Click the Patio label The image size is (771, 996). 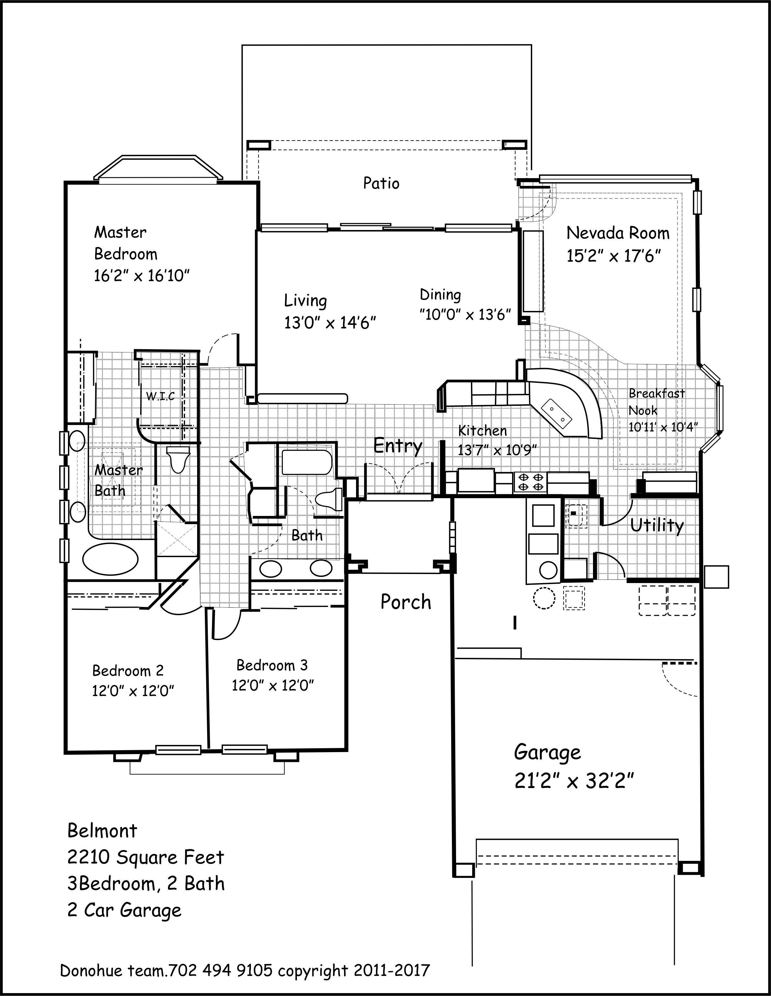tap(381, 183)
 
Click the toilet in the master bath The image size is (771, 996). tap(178, 459)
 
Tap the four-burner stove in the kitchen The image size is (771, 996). tap(531, 482)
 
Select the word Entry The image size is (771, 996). tap(398, 446)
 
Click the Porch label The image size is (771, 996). tap(406, 602)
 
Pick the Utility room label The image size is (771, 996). tap(657, 526)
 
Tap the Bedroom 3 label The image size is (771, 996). tap(272, 665)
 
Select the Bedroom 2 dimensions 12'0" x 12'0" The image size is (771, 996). tap(133, 691)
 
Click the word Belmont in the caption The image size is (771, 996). tap(102, 831)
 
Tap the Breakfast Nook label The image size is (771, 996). tap(657, 402)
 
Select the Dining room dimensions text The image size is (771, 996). tap(465, 315)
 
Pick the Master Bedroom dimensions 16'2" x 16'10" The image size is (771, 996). tap(141, 275)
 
